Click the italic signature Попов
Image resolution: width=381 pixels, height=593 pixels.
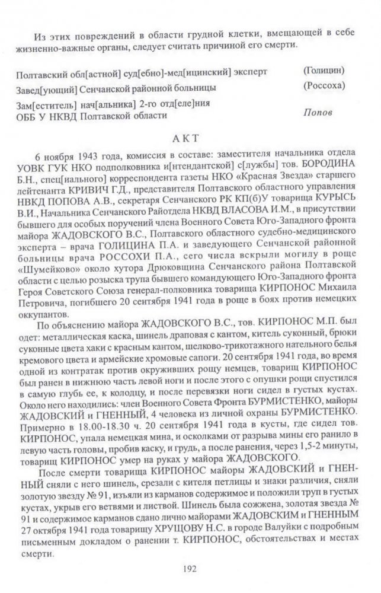click(x=319, y=112)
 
